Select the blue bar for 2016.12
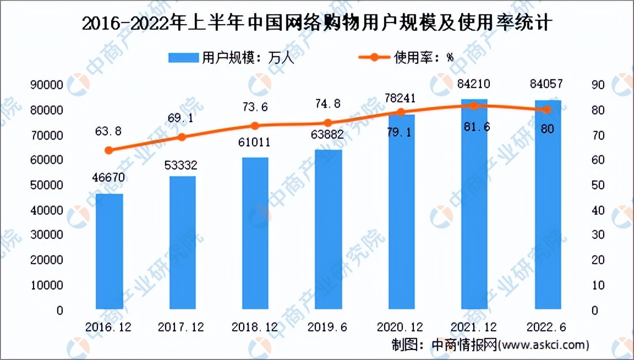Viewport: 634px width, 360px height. click(109, 250)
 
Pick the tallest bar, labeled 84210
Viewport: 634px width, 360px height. click(474, 204)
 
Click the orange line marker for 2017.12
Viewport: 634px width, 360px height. click(182, 137)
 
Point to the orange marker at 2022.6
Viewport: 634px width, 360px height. click(546, 110)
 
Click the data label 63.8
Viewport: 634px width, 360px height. click(108, 131)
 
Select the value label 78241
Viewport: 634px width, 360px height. click(402, 97)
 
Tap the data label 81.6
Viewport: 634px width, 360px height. click(474, 127)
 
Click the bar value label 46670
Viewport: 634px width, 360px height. click(108, 177)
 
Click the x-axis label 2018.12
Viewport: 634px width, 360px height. click(255, 327)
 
